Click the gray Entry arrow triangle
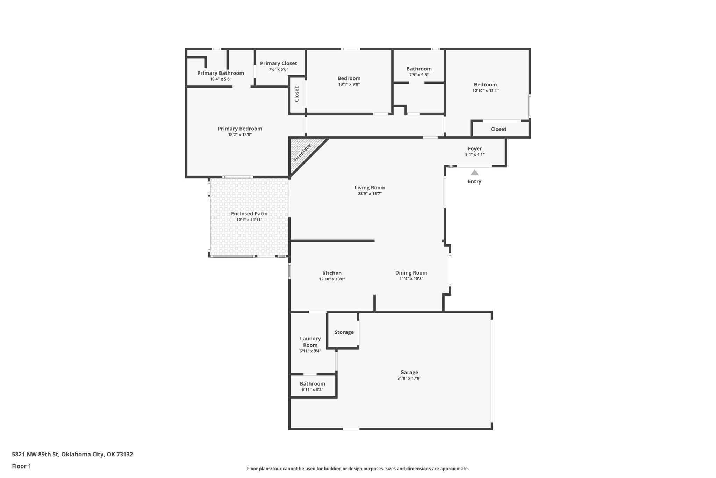tap(474, 173)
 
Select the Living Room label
tap(370, 188)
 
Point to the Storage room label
tap(344, 332)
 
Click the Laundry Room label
tap(310, 342)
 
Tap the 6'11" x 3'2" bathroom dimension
tap(312, 389)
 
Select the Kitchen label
tap(332, 273)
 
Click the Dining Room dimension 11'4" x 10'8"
tap(411, 279)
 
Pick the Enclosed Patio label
tap(249, 214)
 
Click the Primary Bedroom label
tap(240, 129)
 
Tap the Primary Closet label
tap(278, 63)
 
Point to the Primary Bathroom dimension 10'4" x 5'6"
tap(221, 79)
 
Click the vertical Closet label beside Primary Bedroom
tap(297, 94)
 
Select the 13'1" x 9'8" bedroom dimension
tap(349, 84)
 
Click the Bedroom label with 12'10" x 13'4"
tap(485, 85)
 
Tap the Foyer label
tap(475, 148)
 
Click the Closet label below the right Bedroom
tap(498, 129)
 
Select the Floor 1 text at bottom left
tap(22, 466)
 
